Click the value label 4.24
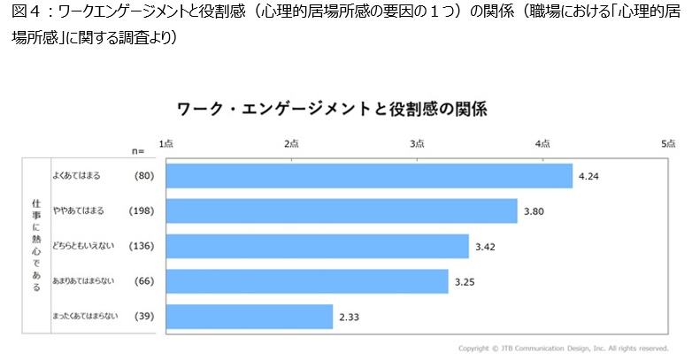[588, 177]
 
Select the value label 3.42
[485, 247]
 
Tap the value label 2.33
[349, 317]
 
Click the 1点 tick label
[166, 143]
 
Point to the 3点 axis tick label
[418, 143]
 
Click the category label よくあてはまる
[76, 176]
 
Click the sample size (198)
[142, 211]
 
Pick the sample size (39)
[144, 316]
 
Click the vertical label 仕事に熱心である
[35, 246]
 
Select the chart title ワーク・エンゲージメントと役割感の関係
[332, 110]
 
